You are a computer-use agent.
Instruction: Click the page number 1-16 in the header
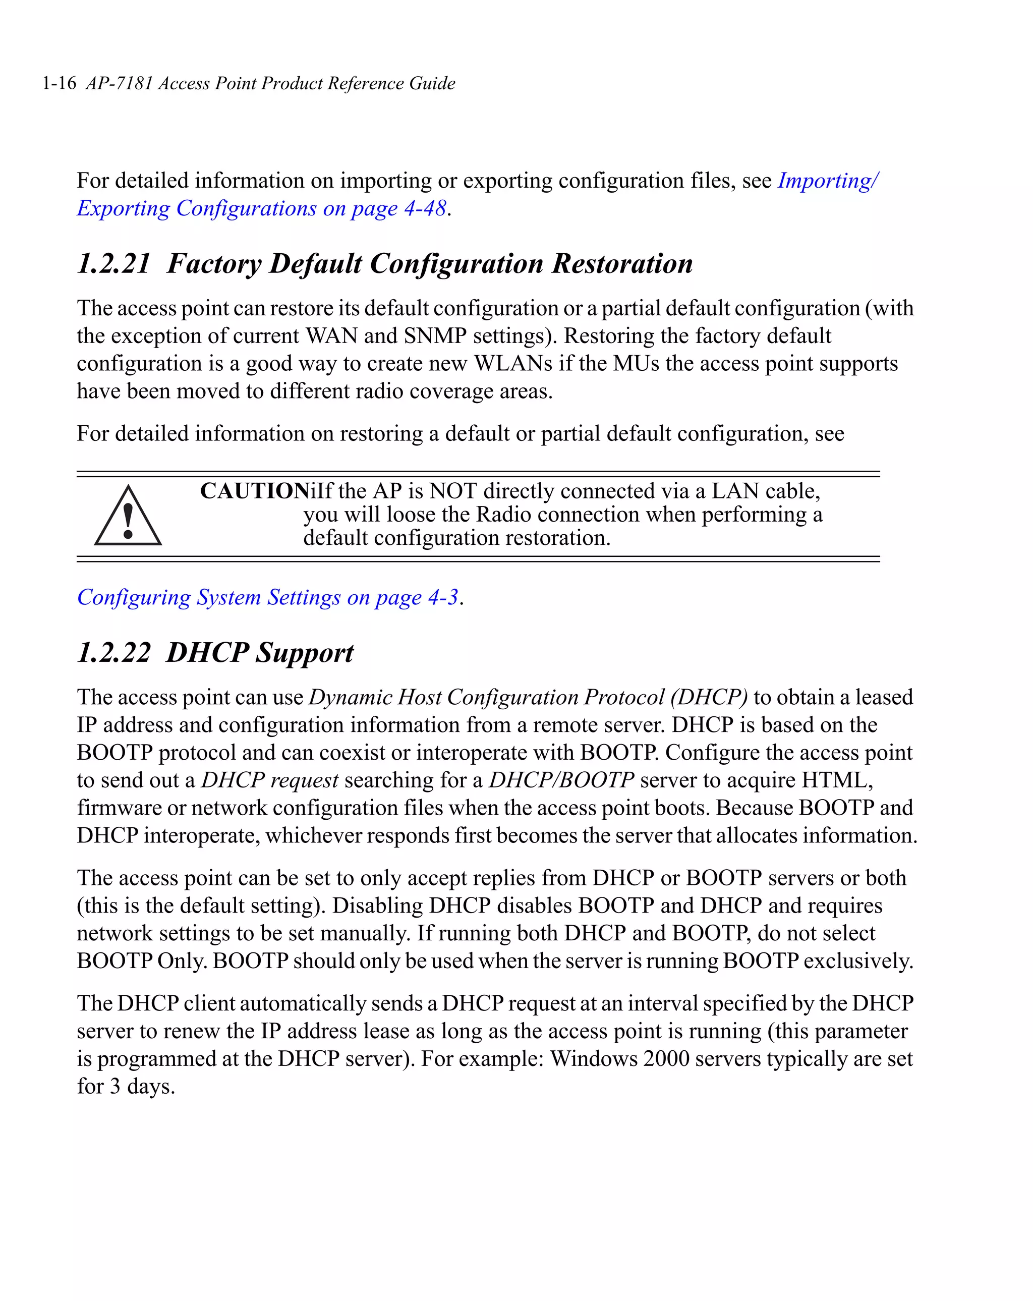tap(59, 83)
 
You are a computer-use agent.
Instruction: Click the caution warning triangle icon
tap(128, 517)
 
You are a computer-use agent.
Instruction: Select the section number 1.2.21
tap(113, 264)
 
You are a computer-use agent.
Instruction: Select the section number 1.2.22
tap(113, 653)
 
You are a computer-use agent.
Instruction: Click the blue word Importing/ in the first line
tap(827, 181)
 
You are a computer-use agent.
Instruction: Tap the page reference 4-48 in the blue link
tap(425, 209)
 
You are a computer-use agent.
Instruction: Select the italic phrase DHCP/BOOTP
tap(561, 780)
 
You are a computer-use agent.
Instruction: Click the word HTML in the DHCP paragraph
tap(836, 780)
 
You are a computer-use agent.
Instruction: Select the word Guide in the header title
tap(432, 83)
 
